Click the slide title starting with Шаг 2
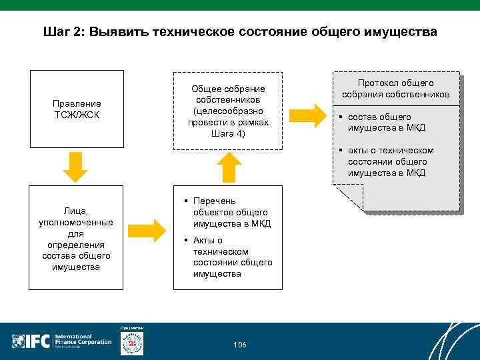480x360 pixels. pyautogui.click(x=240, y=31)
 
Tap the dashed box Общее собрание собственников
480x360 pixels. pyautogui.click(x=227, y=111)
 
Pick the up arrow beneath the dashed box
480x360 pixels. pyautogui.click(x=228, y=167)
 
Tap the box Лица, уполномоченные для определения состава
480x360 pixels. pyautogui.click(x=77, y=238)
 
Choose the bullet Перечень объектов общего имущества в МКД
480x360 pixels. pyautogui.click(x=231, y=212)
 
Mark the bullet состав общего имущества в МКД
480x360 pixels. pyautogui.click(x=385, y=122)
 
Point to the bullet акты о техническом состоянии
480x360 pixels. pyautogui.click(x=389, y=161)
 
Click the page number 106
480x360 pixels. pyautogui.click(x=239, y=345)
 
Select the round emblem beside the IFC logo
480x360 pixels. pyautogui.click(x=132, y=343)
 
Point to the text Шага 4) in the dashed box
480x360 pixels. pyautogui.click(x=227, y=133)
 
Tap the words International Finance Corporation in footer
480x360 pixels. pyautogui.click(x=83, y=340)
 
